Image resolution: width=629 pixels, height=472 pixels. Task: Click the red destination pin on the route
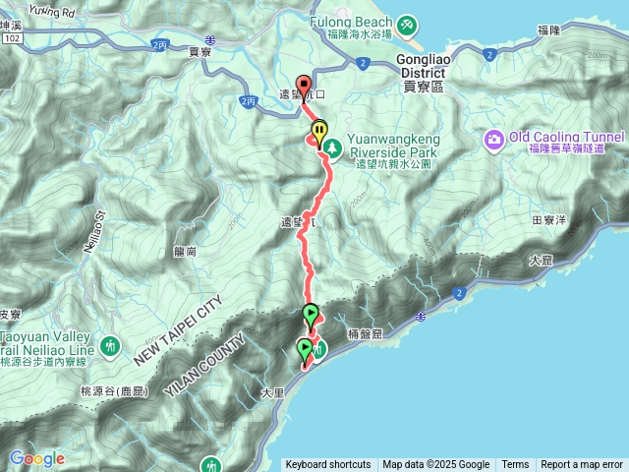point(304,87)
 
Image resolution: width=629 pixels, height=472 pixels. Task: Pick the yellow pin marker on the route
point(319,131)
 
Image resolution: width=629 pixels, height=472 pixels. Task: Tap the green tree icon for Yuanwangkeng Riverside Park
point(333,147)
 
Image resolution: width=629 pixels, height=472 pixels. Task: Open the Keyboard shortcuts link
point(328,465)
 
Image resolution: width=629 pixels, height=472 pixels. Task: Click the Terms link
point(515,465)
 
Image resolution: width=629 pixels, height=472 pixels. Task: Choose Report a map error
point(582,465)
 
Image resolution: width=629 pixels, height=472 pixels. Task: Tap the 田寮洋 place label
point(548,220)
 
